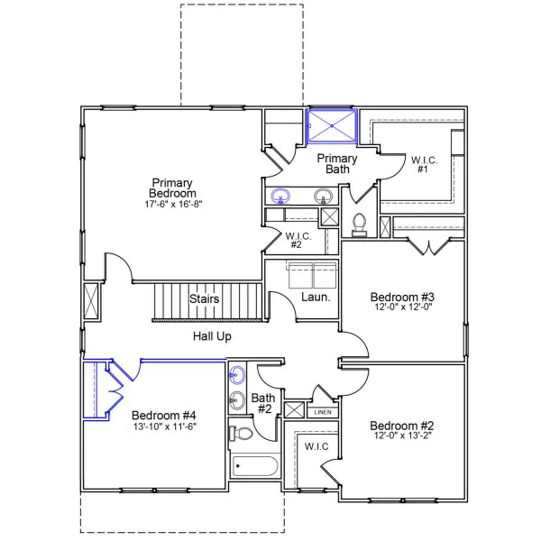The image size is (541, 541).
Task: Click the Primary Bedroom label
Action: (173, 188)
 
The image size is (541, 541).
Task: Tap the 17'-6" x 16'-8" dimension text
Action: (173, 205)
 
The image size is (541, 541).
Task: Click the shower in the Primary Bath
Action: (332, 125)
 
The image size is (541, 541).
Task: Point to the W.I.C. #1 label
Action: (425, 167)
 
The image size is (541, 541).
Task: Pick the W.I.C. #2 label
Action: (298, 242)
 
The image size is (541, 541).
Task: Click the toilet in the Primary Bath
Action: (358, 223)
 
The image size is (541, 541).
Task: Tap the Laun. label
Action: (314, 297)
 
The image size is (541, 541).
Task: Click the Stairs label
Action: (205, 299)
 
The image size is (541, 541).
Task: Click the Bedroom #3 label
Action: (403, 298)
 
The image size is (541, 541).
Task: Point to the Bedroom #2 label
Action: (402, 426)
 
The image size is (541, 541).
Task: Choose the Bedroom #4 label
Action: (163, 416)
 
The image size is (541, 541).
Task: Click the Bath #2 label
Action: (262, 402)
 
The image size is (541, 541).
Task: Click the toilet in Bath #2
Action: (242, 434)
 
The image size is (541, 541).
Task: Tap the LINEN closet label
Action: (322, 412)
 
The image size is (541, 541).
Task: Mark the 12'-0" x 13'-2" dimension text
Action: (402, 437)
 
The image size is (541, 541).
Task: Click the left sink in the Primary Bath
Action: (280, 195)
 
